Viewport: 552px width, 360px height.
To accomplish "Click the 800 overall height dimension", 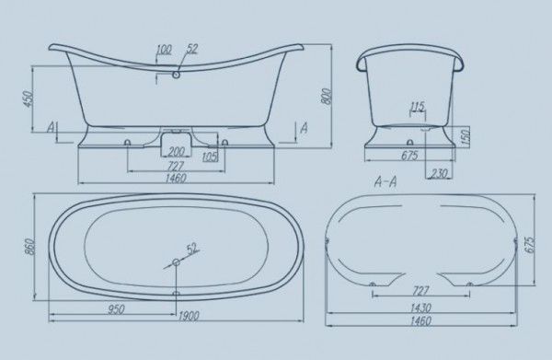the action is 327,96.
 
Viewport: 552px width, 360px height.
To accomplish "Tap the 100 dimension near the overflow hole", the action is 164,50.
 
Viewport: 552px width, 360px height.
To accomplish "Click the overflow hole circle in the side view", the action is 176,75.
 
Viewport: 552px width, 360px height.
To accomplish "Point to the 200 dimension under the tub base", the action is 176,152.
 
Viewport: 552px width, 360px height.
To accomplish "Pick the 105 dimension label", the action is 210,157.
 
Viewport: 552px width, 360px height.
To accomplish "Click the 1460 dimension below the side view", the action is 176,178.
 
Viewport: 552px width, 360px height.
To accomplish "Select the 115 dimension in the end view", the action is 418,107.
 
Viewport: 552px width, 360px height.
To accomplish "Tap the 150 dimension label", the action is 465,138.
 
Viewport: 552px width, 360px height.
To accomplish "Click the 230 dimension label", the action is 439,173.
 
